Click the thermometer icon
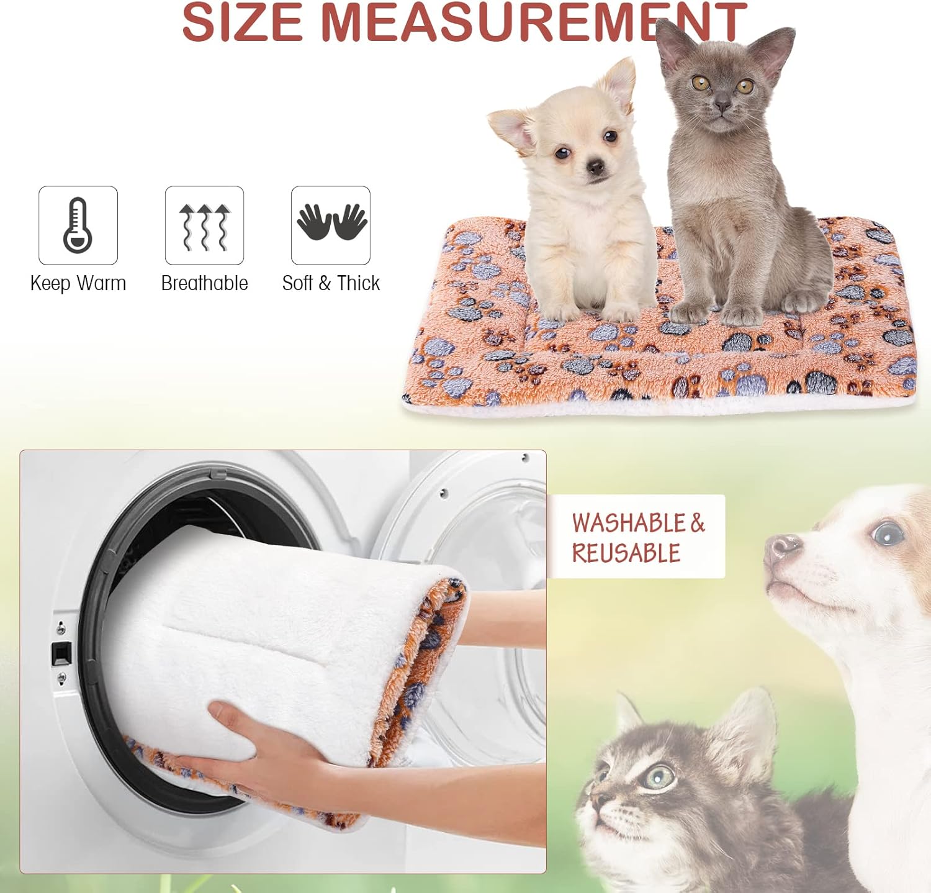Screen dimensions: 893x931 click(x=78, y=225)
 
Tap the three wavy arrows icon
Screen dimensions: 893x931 click(x=204, y=226)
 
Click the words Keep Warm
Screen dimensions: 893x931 click(x=78, y=283)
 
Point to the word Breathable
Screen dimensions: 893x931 click(x=204, y=283)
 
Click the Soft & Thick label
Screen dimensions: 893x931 click(x=331, y=283)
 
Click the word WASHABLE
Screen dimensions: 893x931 click(x=628, y=523)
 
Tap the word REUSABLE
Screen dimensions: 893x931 click(x=626, y=553)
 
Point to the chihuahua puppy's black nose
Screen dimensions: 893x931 click(x=596, y=166)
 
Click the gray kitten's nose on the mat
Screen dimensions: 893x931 click(x=722, y=107)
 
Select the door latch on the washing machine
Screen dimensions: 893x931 click(x=61, y=654)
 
